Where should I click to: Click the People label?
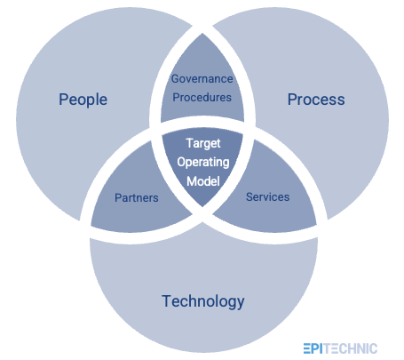[x=83, y=99]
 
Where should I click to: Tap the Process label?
[x=316, y=99]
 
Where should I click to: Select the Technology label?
[x=202, y=301]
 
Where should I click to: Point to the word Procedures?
[x=202, y=97]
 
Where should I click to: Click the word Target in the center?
[x=202, y=143]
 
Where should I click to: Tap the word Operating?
[x=202, y=162]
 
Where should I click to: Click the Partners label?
[x=137, y=197]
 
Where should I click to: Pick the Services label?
[x=267, y=196]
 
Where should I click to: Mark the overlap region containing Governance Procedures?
[x=202, y=84]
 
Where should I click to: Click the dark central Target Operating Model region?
[x=202, y=162]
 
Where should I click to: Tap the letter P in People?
[x=63, y=99]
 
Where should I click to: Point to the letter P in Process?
[x=292, y=99]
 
